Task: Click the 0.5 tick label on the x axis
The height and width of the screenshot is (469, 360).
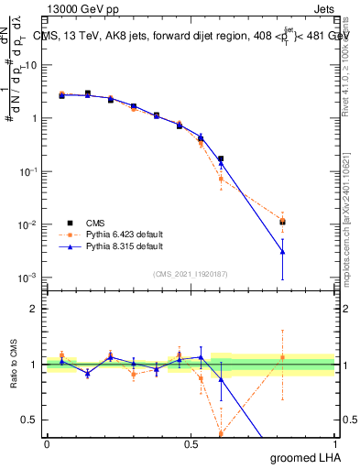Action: coord(191,442)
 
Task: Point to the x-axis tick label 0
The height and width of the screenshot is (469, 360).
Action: coord(47,442)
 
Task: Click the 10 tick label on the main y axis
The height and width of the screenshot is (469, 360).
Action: coord(32,65)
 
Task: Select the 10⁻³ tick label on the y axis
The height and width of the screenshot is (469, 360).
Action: coord(30,278)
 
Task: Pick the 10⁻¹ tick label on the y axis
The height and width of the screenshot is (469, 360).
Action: coord(30,171)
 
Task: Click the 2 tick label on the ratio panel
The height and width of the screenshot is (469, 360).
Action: coord(36,309)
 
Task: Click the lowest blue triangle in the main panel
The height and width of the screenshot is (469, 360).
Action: coord(283,251)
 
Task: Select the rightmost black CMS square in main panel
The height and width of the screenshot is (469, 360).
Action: coord(283,222)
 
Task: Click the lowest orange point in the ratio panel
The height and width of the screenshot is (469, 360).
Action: coord(221,432)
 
